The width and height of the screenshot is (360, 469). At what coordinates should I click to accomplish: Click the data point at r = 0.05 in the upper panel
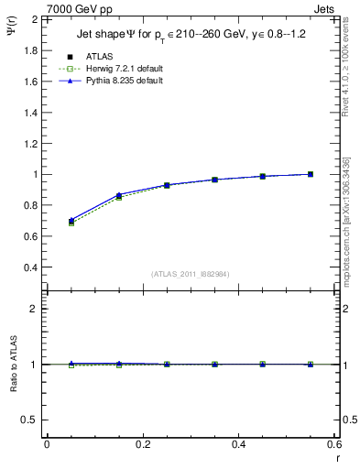[71, 221]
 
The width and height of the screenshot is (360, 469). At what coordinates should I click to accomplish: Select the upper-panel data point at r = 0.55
[311, 174]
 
